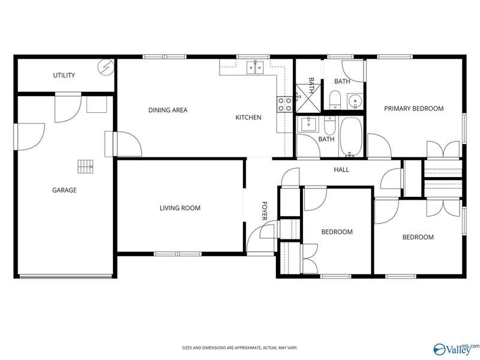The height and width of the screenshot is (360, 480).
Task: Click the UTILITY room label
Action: (64, 76)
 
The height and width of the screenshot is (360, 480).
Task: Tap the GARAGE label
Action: (64, 190)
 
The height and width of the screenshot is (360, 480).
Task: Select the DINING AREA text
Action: (168, 110)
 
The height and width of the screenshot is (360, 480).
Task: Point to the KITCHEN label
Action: (248, 118)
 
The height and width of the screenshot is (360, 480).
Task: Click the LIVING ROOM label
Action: (180, 208)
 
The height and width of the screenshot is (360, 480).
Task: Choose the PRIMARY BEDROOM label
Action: (414, 109)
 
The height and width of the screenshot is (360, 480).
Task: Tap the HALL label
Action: (341, 170)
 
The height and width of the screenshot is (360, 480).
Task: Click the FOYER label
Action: (265, 211)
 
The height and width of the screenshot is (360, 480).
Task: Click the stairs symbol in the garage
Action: (85, 167)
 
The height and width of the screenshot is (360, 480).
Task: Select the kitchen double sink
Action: (255, 67)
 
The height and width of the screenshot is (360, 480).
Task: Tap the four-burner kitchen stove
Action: (284, 104)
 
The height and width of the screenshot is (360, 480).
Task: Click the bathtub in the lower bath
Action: (351, 137)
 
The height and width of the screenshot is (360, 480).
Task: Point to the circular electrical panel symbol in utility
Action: (106, 67)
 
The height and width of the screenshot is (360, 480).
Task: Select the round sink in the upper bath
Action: (355, 101)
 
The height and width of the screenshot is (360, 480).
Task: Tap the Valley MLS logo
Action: (456, 349)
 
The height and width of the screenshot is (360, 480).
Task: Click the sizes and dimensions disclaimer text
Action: (239, 348)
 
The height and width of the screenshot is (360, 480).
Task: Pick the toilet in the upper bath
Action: (335, 100)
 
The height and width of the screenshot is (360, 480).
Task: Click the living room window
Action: (178, 254)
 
